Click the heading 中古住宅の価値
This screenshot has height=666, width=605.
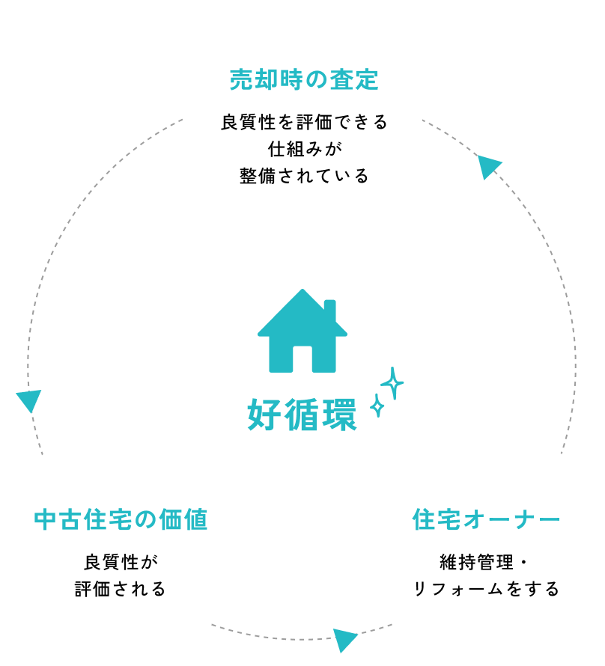point(121,519)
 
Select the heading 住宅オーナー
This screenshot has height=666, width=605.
point(486,519)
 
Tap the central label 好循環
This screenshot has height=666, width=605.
point(302,415)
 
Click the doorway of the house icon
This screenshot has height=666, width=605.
point(302,358)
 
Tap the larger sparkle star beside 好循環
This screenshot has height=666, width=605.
point(392,383)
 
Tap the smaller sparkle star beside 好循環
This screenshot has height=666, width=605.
point(378,407)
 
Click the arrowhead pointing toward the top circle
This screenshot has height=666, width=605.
point(488,167)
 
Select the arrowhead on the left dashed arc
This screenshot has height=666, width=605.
point(28,400)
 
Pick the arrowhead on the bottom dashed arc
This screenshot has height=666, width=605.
point(344,640)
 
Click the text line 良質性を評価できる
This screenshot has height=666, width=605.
point(302,122)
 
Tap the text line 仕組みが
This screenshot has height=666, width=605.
point(302,149)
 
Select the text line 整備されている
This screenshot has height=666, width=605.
point(302,176)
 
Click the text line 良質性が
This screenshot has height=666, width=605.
point(120,561)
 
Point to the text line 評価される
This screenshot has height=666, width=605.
point(120,588)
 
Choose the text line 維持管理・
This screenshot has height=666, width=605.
point(485,561)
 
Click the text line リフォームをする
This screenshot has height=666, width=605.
point(485,588)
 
